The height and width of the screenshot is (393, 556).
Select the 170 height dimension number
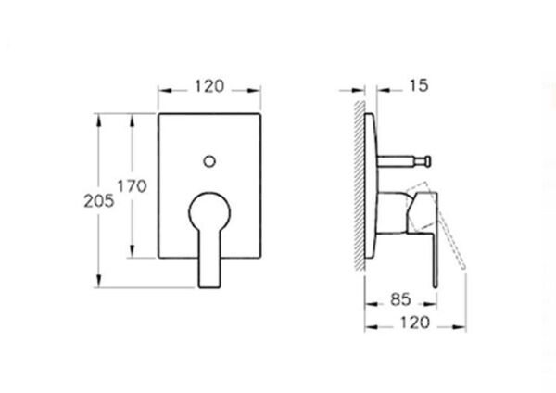pyautogui.click(x=133, y=186)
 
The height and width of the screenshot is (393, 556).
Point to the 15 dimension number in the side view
pyautogui.click(x=418, y=86)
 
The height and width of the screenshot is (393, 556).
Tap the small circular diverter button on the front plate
pyautogui.click(x=210, y=162)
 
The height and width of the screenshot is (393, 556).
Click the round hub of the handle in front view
pyautogui.click(x=210, y=209)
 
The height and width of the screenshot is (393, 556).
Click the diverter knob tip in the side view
pyautogui.click(x=425, y=162)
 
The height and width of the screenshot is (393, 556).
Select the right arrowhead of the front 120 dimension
pyautogui.click(x=259, y=92)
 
